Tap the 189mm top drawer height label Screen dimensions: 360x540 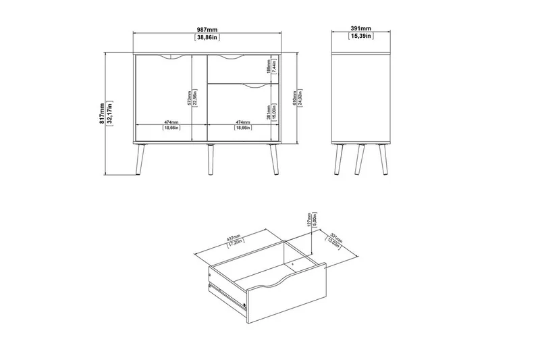coord(268,68)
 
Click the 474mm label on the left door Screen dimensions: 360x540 coord(170,122)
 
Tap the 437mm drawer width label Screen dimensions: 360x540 coord(234,241)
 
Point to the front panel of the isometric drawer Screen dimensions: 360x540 coord(287,291)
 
